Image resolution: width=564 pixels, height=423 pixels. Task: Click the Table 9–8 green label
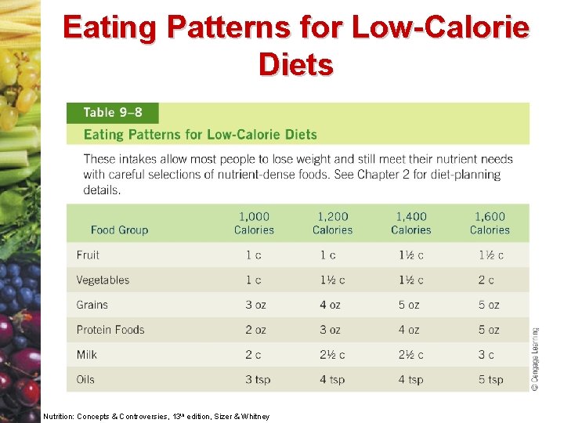coord(113,113)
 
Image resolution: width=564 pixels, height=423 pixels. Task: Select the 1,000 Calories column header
coord(254,223)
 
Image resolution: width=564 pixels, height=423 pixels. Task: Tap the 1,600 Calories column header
coord(490,223)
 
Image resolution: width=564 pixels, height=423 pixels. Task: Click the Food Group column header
coord(119,230)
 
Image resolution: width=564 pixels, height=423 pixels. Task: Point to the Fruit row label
coord(88,255)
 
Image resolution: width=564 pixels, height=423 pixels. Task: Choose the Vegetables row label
coord(103,280)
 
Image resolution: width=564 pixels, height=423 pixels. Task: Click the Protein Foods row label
coord(110,330)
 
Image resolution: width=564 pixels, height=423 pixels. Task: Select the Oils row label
coord(85,379)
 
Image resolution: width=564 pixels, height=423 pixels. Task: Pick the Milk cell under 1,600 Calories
coord(486,355)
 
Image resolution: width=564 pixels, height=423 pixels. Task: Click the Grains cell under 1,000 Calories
coord(255,305)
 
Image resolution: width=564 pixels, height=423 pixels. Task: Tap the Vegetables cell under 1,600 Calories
coord(486,280)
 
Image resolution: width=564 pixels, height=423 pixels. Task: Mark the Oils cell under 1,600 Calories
coord(490,380)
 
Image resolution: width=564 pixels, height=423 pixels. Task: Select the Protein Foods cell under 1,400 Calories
coord(409,330)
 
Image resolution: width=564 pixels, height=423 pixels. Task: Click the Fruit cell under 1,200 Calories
coord(327,255)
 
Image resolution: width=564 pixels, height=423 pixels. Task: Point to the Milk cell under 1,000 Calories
coord(253,355)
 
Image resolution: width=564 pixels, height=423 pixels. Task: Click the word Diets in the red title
coord(296,65)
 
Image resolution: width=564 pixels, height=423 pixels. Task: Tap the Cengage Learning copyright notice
coord(535,359)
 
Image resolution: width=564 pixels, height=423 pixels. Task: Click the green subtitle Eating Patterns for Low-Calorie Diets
coord(201,135)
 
